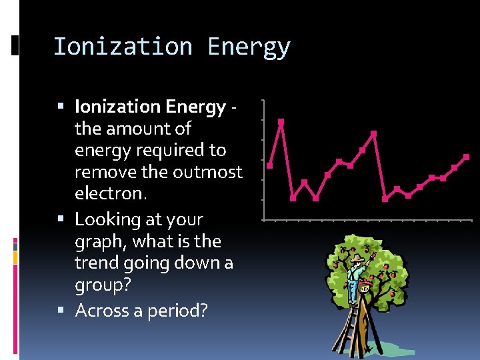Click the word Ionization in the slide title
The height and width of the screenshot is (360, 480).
[123, 47]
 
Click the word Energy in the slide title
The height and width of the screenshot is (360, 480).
[249, 47]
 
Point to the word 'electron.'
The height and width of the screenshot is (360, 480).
[111, 194]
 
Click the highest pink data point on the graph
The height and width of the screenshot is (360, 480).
[281, 122]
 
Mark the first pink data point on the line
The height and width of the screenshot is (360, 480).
[270, 165]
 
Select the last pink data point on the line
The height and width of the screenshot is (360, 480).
[466, 157]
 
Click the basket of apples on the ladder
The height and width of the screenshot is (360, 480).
[364, 289]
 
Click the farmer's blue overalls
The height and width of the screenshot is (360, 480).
[353, 287]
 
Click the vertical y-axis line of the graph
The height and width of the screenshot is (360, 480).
[264, 160]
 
